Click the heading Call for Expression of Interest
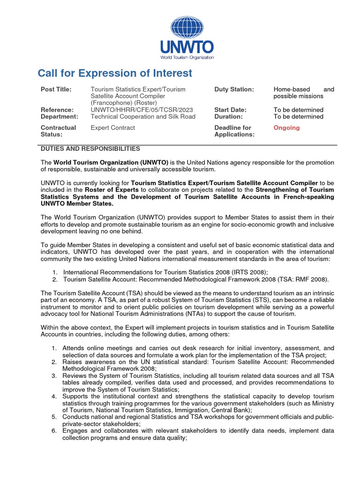115,73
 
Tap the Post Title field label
56,89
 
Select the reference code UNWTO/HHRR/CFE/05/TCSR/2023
142,110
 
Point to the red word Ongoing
286,127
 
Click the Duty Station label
234,89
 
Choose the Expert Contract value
112,127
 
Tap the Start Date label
230,110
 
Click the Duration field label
229,117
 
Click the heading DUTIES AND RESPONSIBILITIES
90,149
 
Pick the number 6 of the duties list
54,430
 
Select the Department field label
59,117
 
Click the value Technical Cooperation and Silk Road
143,117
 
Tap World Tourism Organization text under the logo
187,58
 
